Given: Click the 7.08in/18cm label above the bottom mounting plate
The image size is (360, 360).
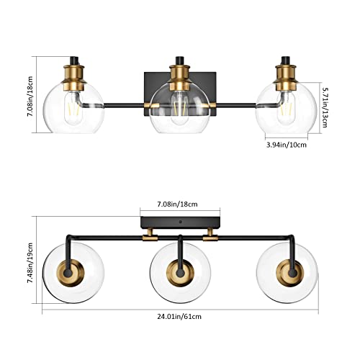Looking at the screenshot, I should pos(179,204).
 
